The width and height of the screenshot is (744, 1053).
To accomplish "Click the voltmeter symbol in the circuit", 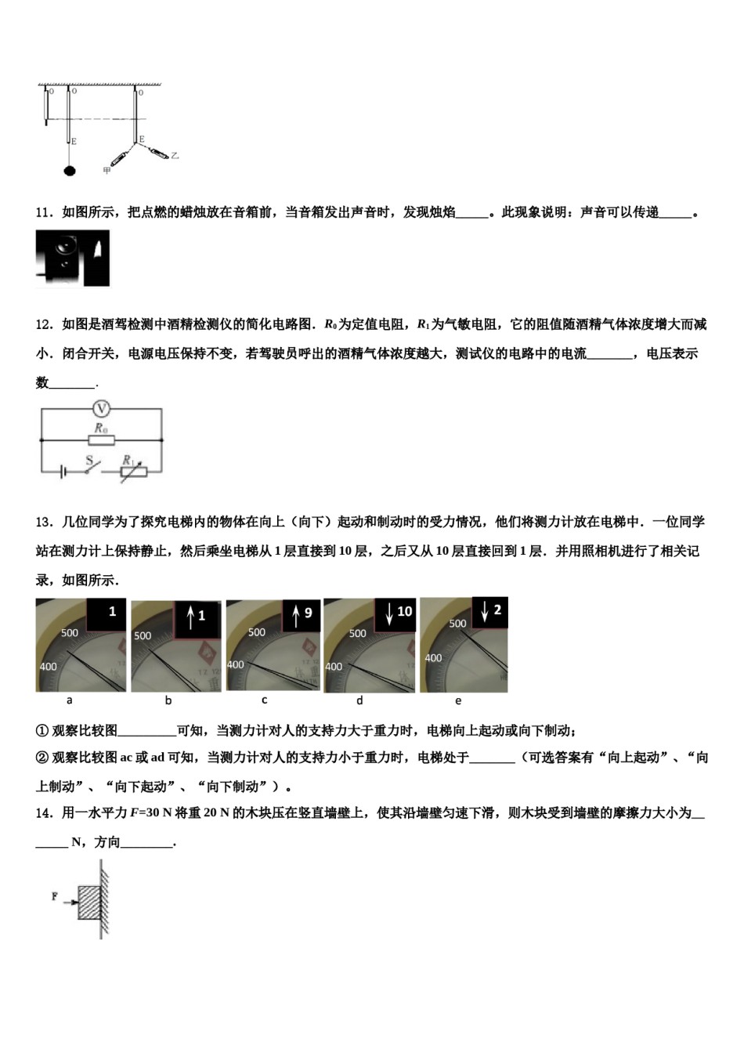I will click(x=100, y=408).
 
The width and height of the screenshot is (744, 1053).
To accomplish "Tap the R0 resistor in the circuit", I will click(x=101, y=440).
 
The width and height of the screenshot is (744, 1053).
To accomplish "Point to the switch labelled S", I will click(x=92, y=466).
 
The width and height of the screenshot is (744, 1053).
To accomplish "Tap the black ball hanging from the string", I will click(x=70, y=169).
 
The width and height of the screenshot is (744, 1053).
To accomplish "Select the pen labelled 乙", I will click(x=158, y=152).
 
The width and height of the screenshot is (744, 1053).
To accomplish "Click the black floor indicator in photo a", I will click(x=105, y=613).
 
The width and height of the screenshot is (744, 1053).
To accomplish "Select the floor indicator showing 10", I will click(x=396, y=613).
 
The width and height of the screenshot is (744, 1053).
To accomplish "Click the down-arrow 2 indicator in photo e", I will click(x=490, y=612).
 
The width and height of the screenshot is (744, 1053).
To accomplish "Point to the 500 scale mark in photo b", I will click(x=143, y=635).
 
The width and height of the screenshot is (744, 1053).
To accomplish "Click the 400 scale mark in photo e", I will click(x=433, y=658).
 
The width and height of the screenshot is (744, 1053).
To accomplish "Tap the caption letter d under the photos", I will click(x=359, y=700).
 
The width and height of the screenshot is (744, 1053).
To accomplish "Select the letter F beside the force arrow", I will click(x=55, y=896).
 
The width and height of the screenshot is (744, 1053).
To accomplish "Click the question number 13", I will click(x=44, y=523).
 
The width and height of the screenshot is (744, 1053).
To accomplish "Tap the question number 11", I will click(x=44, y=212).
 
